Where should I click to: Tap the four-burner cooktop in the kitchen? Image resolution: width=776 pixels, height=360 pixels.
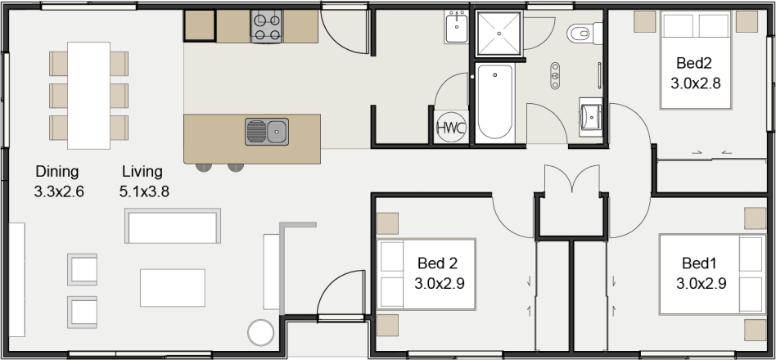tap(267, 27)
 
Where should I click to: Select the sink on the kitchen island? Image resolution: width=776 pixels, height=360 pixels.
tap(267, 131)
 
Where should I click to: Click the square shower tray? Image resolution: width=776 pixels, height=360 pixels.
tap(498, 34)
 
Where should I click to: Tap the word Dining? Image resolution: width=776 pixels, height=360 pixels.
tap(56, 172)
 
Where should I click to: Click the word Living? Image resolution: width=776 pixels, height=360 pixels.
tap(142, 172)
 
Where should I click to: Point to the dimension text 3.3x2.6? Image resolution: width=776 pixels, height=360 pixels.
tap(59, 192)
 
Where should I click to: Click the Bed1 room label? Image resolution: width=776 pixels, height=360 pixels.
tap(699, 263)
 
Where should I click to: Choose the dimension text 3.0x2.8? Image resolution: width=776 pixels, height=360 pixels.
tap(695, 83)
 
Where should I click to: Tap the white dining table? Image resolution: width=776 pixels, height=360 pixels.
tap(88, 95)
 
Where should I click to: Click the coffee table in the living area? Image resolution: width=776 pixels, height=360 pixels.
tap(173, 287)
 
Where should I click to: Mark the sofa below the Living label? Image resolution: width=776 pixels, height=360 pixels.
tap(173, 227)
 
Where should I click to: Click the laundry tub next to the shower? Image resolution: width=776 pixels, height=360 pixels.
tap(457, 29)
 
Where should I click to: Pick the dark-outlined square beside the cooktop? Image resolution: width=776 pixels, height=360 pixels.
tap(200, 27)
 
